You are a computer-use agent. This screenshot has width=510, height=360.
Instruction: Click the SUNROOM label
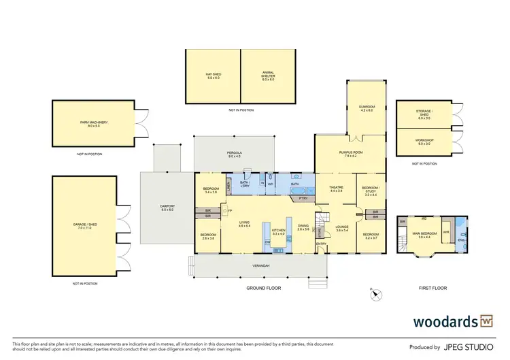tap(367, 108)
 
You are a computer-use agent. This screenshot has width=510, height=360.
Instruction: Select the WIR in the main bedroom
tap(447, 232)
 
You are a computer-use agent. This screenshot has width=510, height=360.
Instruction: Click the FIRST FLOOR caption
tap(432, 289)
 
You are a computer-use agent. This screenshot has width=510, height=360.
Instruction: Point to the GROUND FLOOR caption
tap(263, 289)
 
